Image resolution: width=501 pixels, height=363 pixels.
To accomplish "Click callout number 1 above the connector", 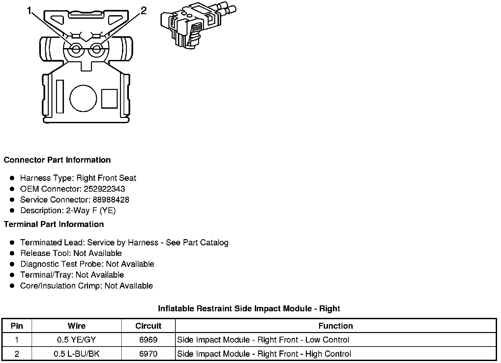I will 30,11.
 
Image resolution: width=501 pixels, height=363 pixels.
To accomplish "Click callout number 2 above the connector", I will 143,11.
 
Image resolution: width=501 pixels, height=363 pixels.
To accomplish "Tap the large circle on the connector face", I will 83,98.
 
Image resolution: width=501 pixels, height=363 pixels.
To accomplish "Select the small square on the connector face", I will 109,98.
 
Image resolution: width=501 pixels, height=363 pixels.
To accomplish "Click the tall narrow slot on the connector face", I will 60,96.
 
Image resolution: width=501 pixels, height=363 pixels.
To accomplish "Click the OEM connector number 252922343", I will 104,189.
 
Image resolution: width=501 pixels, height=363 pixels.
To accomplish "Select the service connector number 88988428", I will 111,200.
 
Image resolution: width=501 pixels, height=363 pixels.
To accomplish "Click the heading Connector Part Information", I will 57,160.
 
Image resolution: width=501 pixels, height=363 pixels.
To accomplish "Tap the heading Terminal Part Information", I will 54,224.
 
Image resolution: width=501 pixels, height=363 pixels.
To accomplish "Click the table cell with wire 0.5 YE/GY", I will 76,340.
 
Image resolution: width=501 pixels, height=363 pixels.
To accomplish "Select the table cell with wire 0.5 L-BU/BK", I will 76,354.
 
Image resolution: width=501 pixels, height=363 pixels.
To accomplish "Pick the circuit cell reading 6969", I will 148,340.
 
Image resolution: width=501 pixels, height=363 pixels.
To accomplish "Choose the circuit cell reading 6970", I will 148,354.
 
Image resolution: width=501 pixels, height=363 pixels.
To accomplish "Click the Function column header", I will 336,326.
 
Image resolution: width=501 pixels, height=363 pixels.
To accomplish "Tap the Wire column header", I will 76,326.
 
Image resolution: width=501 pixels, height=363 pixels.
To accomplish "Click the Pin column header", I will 17,326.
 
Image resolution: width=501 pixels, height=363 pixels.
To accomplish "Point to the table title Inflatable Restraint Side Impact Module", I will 249,309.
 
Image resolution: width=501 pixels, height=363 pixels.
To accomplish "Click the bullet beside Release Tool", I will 12,253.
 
